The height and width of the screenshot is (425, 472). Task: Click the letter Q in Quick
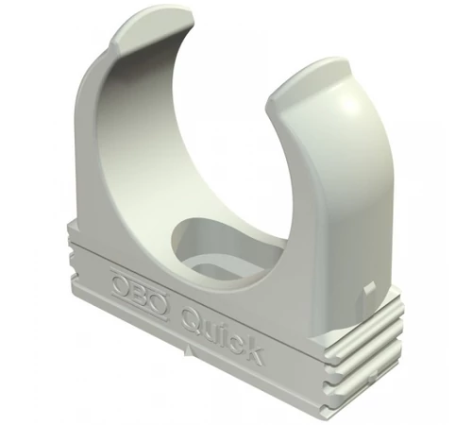click(x=192, y=318)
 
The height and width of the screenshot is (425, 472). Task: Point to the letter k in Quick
click(x=253, y=350)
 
